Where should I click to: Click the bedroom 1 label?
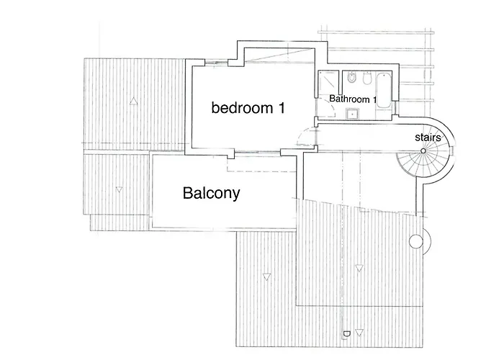pyautogui.click(x=248, y=108)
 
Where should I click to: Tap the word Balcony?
pyautogui.click(x=212, y=193)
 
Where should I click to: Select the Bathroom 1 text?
pyautogui.click(x=353, y=99)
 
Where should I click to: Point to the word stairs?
pyautogui.click(x=428, y=138)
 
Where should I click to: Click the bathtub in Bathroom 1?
pyautogui.click(x=383, y=91)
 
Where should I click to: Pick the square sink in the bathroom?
pyautogui.click(x=352, y=114)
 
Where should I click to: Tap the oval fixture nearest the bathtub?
pyautogui.click(x=366, y=78)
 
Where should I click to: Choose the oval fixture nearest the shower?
pyautogui.click(x=351, y=78)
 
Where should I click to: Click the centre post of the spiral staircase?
pyautogui.click(x=423, y=150)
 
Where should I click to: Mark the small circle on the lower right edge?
pyautogui.click(x=416, y=241)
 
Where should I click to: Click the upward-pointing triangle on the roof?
pyautogui.click(x=133, y=102)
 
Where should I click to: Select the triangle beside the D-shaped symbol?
pyautogui.click(x=359, y=333)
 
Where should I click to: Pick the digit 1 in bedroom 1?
pyautogui.click(x=282, y=108)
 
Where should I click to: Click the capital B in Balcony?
pyautogui.click(x=187, y=193)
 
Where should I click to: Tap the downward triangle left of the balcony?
pyautogui.click(x=119, y=190)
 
